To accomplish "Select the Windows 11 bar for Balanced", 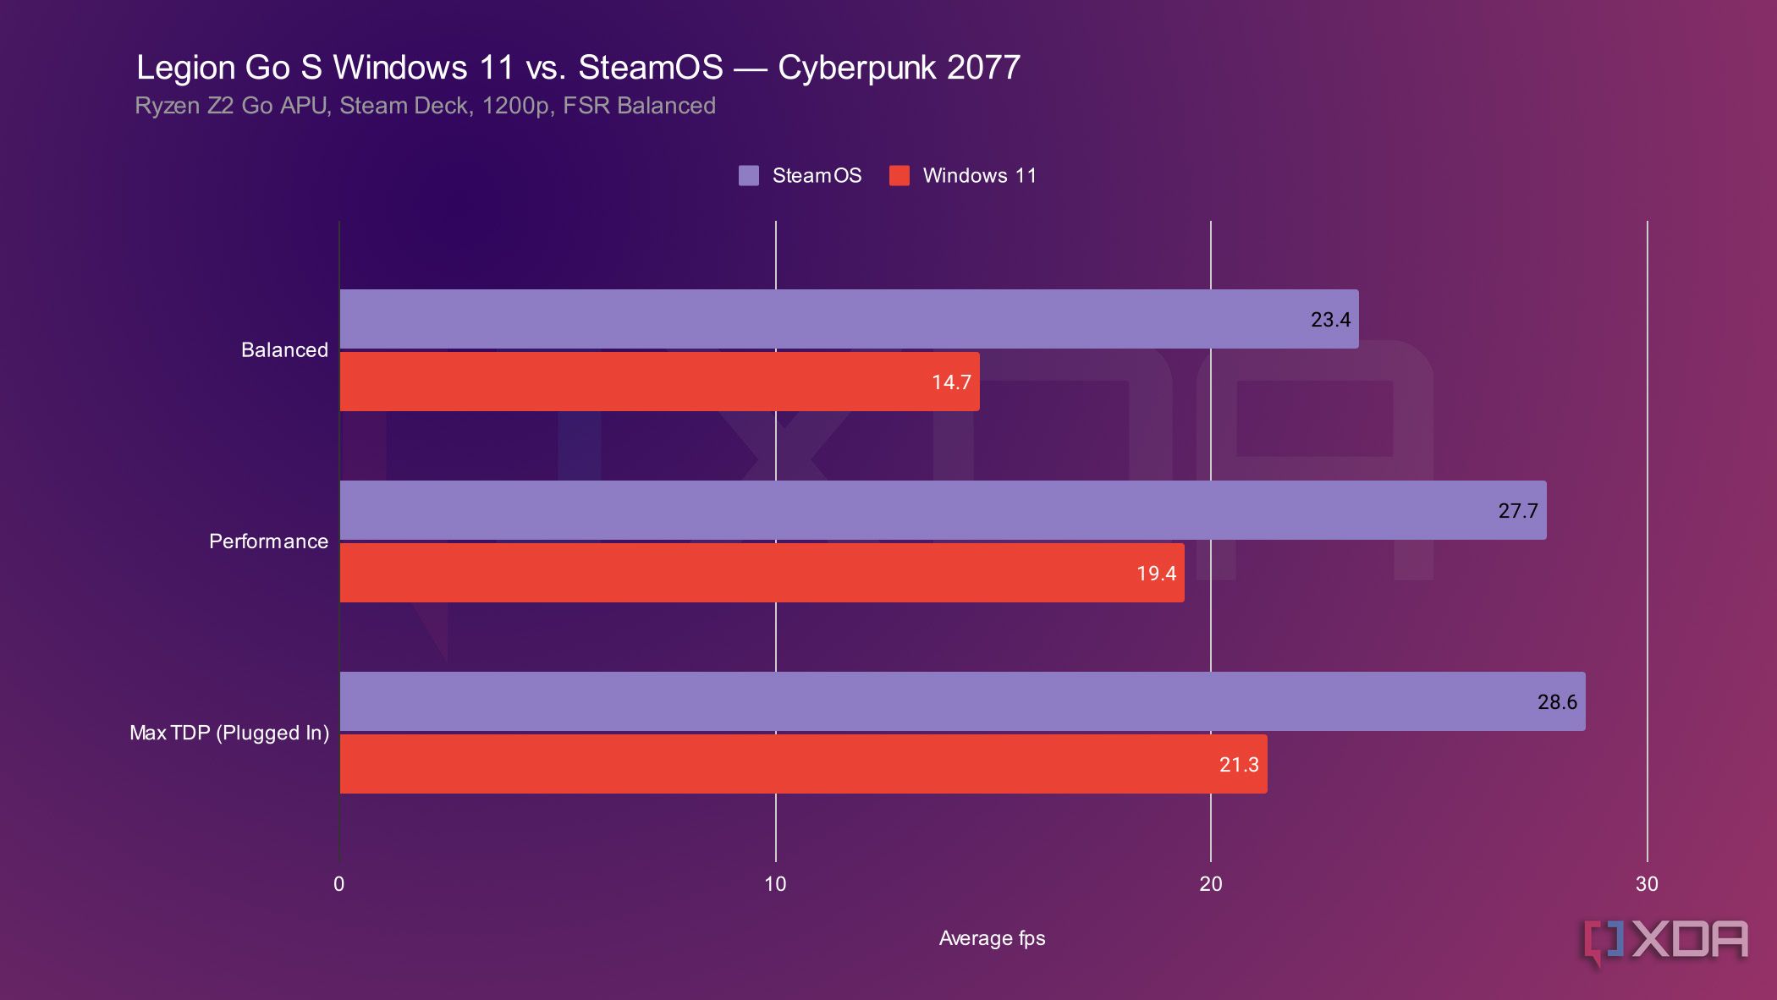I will point(659,382).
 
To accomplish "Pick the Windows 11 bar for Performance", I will point(762,573).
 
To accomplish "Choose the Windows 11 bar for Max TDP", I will point(803,764).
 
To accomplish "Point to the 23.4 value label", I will point(1330,320).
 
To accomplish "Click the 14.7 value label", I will point(951,382).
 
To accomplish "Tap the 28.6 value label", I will point(1557,702).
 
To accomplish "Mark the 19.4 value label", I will point(1156,574).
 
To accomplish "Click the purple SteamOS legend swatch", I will point(749,176).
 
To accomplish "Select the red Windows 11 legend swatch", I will point(900,176).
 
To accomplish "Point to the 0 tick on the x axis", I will point(339,884).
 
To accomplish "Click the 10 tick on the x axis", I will point(775,884).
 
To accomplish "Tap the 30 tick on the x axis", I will point(1647,884).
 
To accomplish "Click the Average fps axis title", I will point(992,938).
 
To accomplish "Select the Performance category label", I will point(268,541).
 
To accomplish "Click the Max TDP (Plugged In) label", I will point(229,733).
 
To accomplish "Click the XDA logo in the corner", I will point(1665,941).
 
